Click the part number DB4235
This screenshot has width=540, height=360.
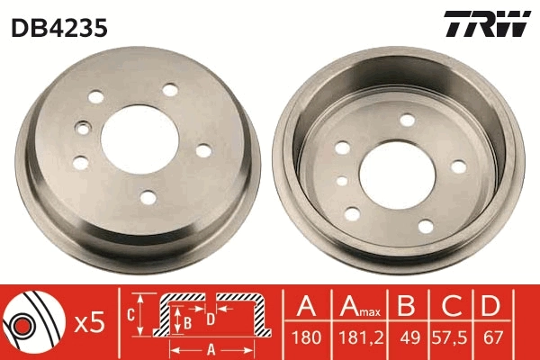tap(59, 28)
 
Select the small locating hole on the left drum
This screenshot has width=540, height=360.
tap(83, 129)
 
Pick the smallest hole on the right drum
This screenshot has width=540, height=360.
tap(342, 181)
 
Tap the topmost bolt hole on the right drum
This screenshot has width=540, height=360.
tap(407, 120)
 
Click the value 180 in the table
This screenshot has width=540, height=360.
tap(306, 340)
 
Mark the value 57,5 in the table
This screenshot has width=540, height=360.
tap(450, 340)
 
